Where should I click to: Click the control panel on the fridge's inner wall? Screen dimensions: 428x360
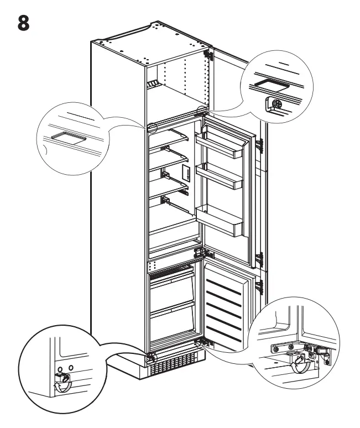[x=185, y=173]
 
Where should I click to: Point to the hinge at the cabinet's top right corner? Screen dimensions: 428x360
[x=208, y=55]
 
